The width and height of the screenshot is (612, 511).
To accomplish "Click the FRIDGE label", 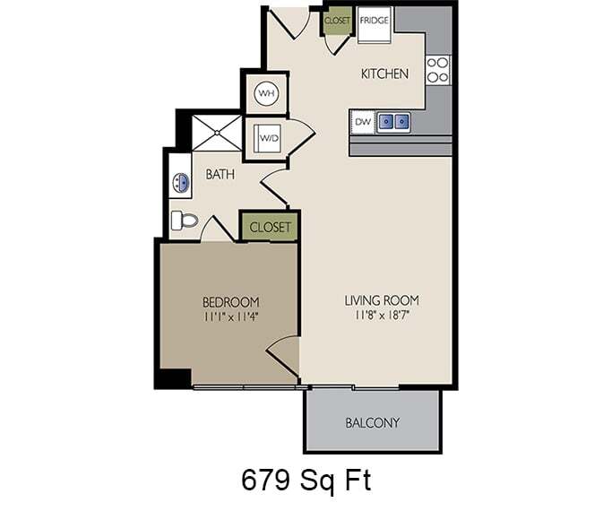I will coord(374,20).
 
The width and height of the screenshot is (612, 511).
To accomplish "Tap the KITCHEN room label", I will coord(385,74).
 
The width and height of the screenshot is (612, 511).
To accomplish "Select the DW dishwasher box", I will coord(362,120).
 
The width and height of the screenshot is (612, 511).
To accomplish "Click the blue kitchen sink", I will coord(393,120).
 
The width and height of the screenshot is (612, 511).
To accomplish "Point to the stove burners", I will coord(437,69).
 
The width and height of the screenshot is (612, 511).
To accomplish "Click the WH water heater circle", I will coord(266,92).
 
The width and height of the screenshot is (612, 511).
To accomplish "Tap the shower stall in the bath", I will coord(217,133).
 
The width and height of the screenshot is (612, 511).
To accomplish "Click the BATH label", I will coord(220,174).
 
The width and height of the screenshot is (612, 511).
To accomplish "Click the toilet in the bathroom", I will coord(185,219).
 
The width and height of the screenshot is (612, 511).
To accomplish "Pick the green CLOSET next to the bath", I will coord(270,227).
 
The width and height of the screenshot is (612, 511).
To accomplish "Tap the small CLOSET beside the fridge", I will coord(338,20).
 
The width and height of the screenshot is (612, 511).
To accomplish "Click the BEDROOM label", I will coord(230,301).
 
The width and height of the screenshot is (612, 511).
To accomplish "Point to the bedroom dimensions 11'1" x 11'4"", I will coord(230,316).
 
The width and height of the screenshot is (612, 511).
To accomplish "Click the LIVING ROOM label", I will coord(382,299).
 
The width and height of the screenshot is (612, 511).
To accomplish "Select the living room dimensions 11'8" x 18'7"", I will coord(382,315).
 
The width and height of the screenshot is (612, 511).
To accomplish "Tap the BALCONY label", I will coord(372,422).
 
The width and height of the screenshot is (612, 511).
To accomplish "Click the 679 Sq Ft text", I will coord(306,480).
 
